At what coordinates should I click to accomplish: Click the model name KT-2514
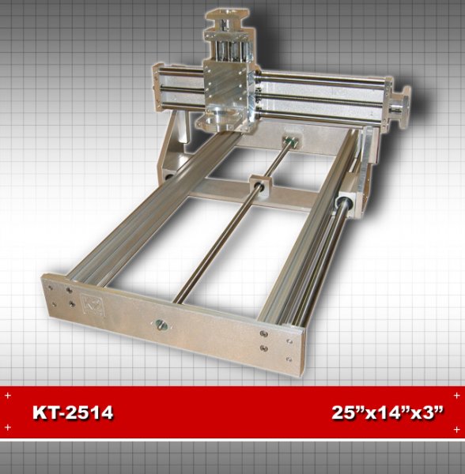pos(73,412)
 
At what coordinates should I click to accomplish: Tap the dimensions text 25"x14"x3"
pos(388,412)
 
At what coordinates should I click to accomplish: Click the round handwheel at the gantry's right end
pos(402,107)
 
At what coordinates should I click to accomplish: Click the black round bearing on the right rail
pos(344,202)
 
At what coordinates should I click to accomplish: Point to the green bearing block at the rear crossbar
pos(289,140)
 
